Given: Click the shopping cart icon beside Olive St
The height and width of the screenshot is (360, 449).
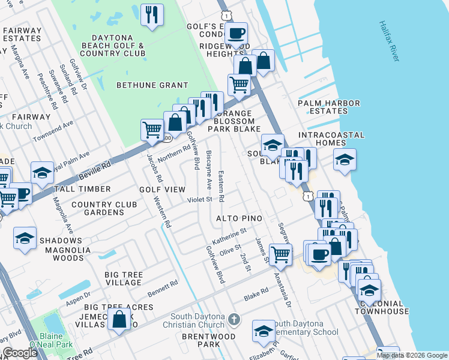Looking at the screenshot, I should click(x=280, y=254).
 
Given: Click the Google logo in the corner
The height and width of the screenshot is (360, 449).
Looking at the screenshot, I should click(x=20, y=353).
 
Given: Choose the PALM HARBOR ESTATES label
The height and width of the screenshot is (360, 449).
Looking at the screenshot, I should click(x=329, y=107).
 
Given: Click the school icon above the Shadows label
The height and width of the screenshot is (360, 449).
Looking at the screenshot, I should click(x=25, y=238).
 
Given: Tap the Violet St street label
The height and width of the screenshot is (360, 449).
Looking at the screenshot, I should click(x=200, y=199).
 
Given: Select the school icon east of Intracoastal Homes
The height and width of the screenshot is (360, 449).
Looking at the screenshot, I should click(x=345, y=160).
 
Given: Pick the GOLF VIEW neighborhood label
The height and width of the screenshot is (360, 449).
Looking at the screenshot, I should click(x=162, y=190).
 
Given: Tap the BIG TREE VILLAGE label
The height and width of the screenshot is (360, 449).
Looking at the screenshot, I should click(x=124, y=279).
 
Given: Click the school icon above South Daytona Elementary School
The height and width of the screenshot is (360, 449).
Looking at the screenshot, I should click(x=264, y=331).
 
